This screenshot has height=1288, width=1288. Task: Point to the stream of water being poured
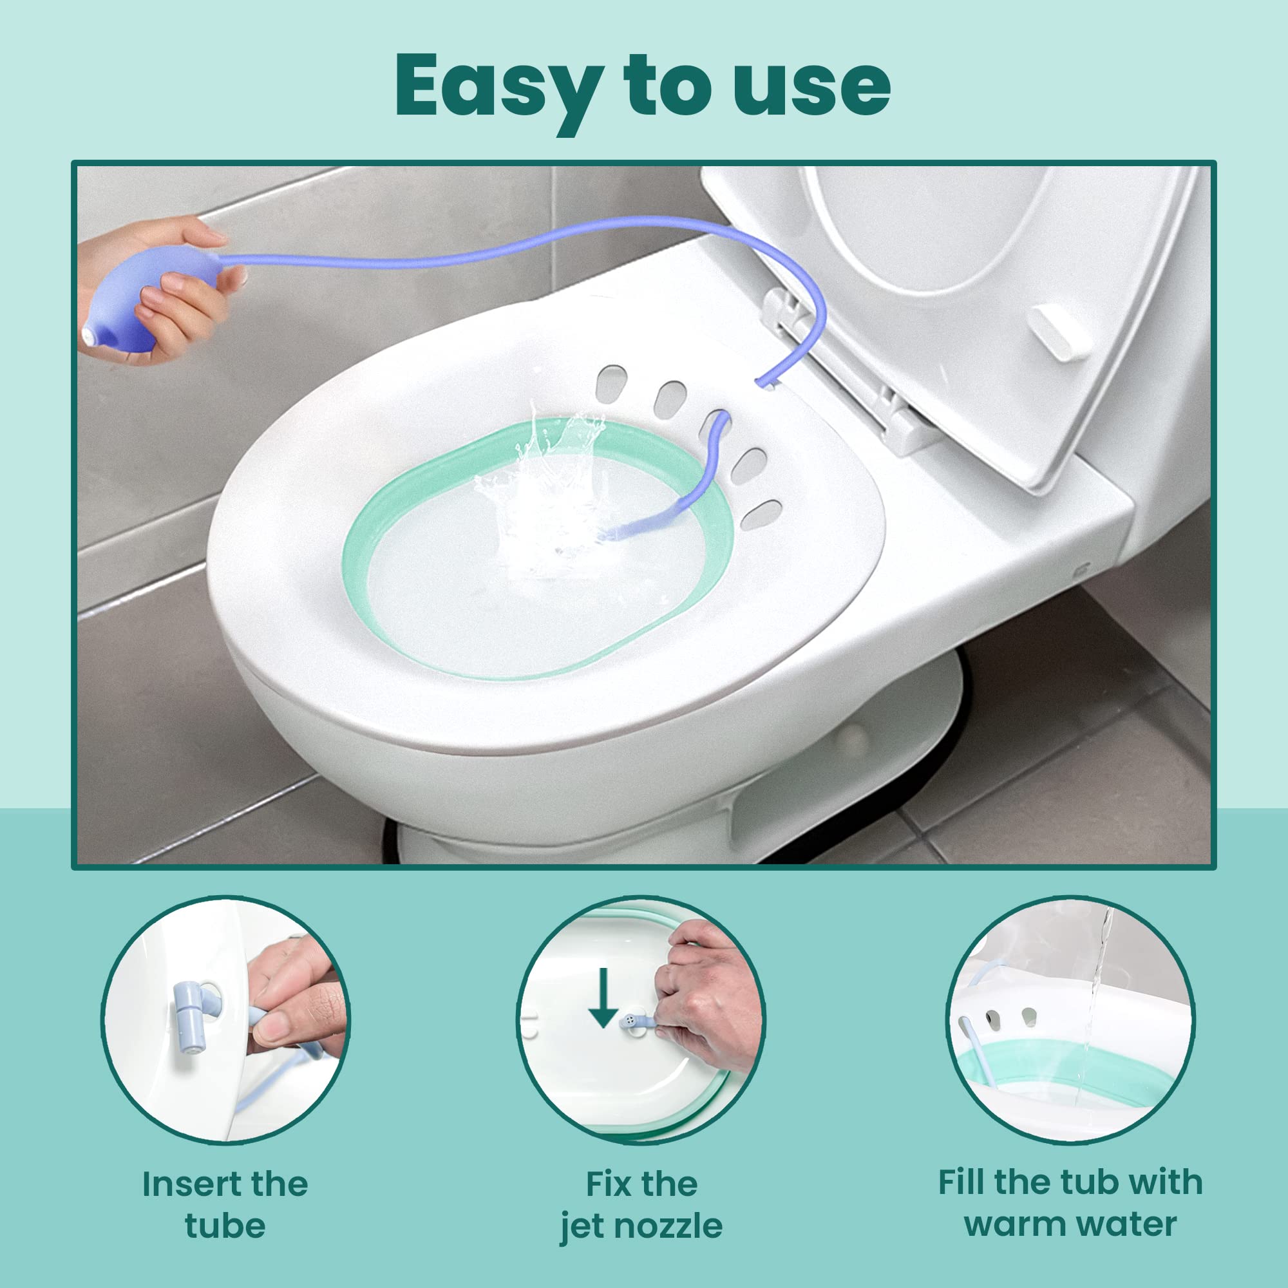click(x=1097, y=987)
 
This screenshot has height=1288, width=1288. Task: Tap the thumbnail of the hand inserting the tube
click(x=225, y=1019)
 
